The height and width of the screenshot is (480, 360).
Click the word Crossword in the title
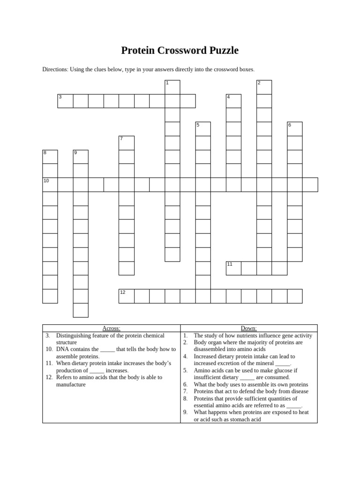tap(180, 51)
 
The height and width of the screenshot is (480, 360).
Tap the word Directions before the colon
tap(55, 69)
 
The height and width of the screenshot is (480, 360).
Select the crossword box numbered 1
tap(172, 87)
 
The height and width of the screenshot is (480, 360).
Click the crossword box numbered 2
tap(264, 87)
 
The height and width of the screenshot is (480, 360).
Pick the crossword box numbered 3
tap(65, 101)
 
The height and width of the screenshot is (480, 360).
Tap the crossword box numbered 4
tap(233, 101)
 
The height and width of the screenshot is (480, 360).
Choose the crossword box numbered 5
tap(203, 129)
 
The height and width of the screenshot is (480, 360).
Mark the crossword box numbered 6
tap(295, 129)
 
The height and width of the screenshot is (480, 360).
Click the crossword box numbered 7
tap(127, 143)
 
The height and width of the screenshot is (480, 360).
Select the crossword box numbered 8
tap(50, 157)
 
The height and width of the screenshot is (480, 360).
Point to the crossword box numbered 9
tap(81, 157)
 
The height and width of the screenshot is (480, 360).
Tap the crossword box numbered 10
tap(50, 185)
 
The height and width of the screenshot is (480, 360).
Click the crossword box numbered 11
tap(233, 268)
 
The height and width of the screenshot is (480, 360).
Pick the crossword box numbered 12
tap(127, 296)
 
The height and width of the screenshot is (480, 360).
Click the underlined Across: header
tap(111, 328)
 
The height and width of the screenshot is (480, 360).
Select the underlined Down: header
tap(248, 328)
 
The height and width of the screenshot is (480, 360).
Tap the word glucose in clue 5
tap(286, 370)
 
